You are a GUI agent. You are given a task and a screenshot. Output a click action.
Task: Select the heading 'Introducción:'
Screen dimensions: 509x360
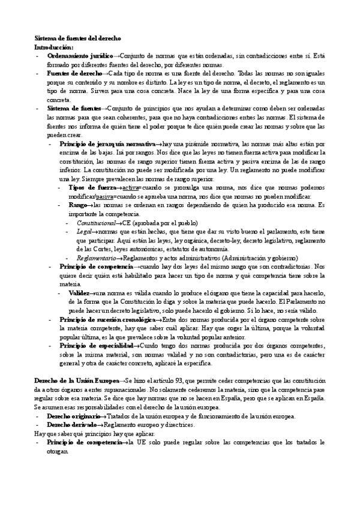(x=54, y=46)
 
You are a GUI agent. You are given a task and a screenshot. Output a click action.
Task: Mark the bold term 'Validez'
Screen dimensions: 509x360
(x=81, y=293)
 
